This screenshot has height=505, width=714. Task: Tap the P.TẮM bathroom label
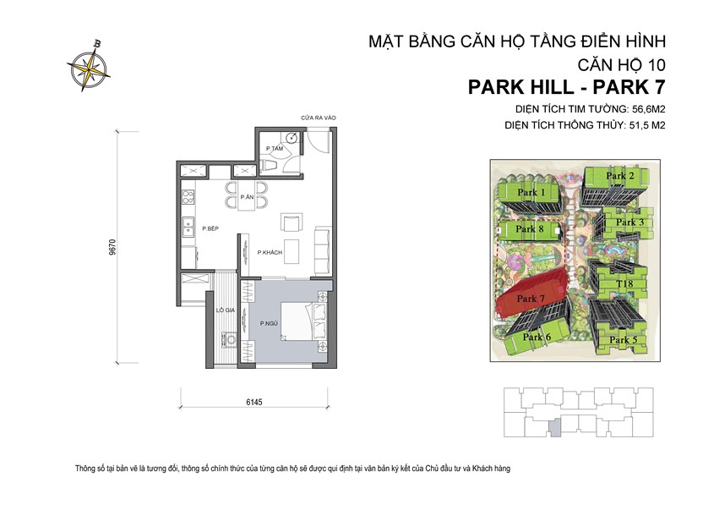tap(273, 149)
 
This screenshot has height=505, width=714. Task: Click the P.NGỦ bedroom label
tap(270, 322)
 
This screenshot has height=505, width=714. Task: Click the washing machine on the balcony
tap(226, 341)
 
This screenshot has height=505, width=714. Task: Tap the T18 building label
tap(624, 283)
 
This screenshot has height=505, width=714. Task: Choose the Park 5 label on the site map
tap(623, 339)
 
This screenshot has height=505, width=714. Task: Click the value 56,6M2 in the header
tap(645, 109)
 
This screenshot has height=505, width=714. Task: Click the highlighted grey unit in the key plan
tap(554, 428)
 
